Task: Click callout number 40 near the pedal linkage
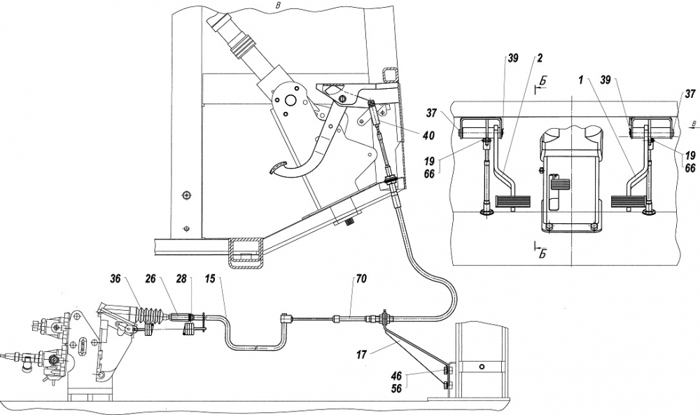coord(429,135)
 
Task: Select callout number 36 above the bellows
coord(115,279)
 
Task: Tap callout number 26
coord(150,279)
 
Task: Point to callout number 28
coord(181,279)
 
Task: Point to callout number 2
coord(540,57)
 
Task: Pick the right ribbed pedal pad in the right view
coord(628,202)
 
